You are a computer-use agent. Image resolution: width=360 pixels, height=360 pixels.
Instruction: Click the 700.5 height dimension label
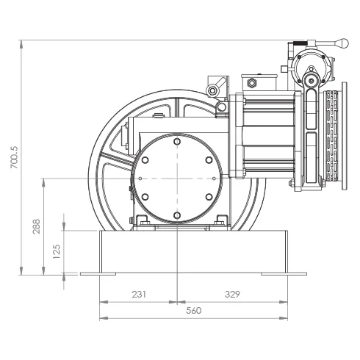15,157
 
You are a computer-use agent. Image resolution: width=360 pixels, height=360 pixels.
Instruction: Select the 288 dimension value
37,226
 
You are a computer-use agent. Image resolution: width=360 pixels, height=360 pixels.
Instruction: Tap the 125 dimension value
57,251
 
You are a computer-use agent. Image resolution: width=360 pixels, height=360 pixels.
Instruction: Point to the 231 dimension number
139,294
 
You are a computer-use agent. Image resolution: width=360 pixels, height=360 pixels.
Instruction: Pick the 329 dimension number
232,294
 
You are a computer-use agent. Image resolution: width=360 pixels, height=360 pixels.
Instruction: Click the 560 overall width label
194,311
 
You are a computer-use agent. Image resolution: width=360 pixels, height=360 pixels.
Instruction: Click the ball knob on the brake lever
342,43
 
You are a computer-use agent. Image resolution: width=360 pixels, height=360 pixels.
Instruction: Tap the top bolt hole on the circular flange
177,142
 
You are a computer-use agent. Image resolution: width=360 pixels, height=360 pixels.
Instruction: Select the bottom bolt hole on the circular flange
177,215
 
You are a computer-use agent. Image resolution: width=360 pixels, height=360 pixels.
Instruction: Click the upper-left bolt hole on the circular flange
145,160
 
